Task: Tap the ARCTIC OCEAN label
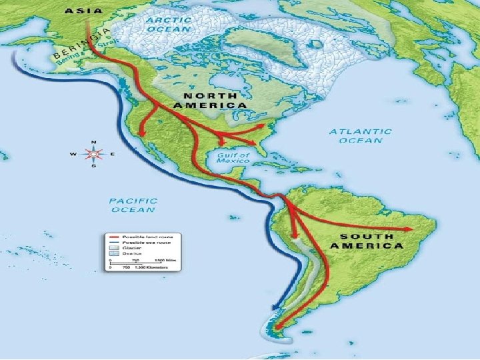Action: (x=168, y=24)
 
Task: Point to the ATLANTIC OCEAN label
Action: (x=360, y=136)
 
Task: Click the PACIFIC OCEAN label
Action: (x=133, y=205)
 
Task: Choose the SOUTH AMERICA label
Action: (x=371, y=241)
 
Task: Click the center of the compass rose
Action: (x=93, y=154)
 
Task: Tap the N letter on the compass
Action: (x=93, y=142)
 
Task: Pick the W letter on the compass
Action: (x=74, y=154)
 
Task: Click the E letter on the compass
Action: (x=112, y=154)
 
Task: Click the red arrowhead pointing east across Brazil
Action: (x=407, y=229)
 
